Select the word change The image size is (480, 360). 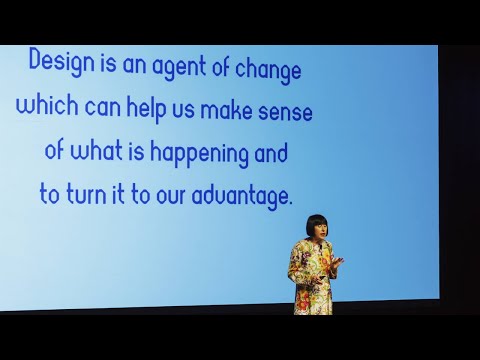[264, 70]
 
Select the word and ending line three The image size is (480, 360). [269, 152]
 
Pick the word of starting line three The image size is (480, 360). [56, 152]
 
